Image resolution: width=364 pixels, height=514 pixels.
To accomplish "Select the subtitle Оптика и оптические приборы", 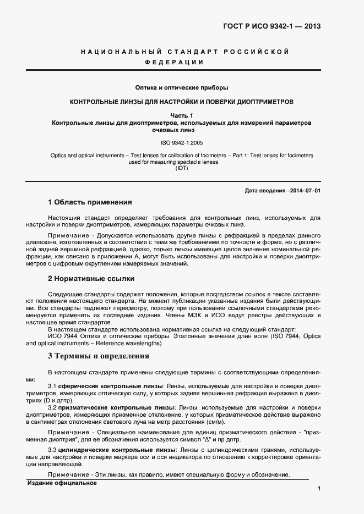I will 182,87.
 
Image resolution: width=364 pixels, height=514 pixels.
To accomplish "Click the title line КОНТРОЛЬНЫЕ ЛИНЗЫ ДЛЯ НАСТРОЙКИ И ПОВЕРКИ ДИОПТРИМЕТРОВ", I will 182,102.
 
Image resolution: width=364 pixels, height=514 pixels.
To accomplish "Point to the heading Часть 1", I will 182,115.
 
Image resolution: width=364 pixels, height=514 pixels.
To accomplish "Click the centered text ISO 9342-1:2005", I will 182,142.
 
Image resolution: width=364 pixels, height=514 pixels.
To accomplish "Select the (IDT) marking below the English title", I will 182,168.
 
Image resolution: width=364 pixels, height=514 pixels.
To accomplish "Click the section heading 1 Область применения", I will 90,202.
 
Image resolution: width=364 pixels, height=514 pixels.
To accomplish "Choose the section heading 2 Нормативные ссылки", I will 91,278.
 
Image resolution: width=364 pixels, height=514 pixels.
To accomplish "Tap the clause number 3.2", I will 52,407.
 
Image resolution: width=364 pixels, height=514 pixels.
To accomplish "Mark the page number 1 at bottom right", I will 319,488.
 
